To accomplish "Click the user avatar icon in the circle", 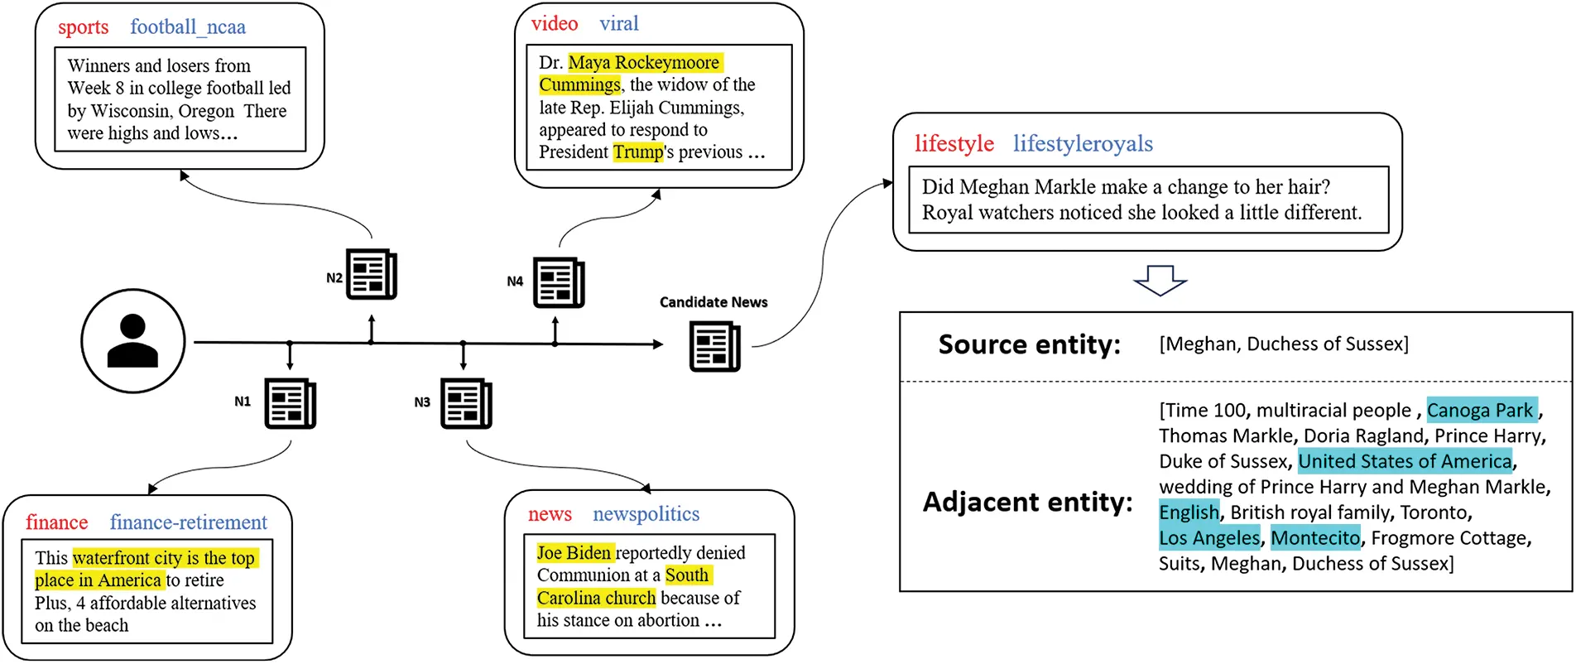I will [x=132, y=340].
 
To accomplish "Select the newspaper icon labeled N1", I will [x=290, y=403].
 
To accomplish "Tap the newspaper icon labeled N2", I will [x=371, y=274].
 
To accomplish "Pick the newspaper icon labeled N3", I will [x=466, y=403].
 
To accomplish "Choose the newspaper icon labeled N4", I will [x=559, y=283].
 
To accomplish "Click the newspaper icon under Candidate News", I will [x=714, y=347].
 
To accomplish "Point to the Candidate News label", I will [x=713, y=302].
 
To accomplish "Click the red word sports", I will [x=83, y=26].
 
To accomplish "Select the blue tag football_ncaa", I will [x=188, y=26].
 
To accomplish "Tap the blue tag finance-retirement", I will [x=188, y=522].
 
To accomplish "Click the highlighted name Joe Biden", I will [x=574, y=552].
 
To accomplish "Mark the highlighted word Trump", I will [x=638, y=152].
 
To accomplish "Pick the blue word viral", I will [x=618, y=24].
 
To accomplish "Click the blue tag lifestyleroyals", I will [x=1082, y=144].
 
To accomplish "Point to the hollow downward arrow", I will [x=1160, y=281].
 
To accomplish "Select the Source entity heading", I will [x=1029, y=344].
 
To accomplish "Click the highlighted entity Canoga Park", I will [x=1481, y=410].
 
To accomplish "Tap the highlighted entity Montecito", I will [x=1315, y=538].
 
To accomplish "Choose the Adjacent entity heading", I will [x=1027, y=502].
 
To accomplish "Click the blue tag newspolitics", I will [x=646, y=514].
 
